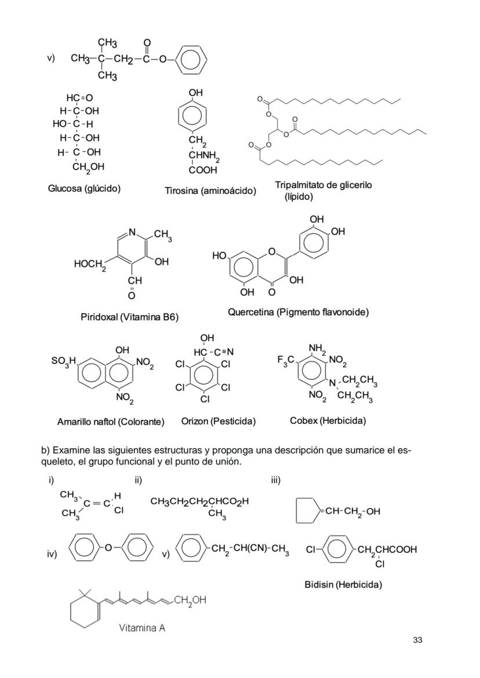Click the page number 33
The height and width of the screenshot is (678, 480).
tap(417, 640)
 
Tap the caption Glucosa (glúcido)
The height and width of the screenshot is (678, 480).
tap(84, 188)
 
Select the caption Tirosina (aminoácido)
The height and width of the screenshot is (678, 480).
tap(210, 190)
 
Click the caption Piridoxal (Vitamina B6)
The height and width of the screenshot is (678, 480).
tap(129, 317)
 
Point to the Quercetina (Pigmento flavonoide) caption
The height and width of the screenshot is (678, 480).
tap(298, 312)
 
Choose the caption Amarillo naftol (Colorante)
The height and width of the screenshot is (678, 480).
tap(111, 422)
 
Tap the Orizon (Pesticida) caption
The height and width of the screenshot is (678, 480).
tap(218, 421)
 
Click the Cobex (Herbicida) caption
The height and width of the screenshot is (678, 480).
tap(328, 420)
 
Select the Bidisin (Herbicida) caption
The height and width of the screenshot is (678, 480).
tap(343, 585)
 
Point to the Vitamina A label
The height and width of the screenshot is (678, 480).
tap(142, 627)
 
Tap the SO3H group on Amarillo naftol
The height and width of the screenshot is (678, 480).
tap(64, 361)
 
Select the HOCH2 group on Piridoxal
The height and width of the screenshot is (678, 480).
tap(90, 265)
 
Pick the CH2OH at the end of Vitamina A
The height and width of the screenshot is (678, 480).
tap(190, 600)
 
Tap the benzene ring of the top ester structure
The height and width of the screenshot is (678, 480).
tap(190, 60)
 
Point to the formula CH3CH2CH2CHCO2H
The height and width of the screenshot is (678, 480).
tap(199, 501)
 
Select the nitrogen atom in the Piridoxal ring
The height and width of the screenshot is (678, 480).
tap(132, 232)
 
